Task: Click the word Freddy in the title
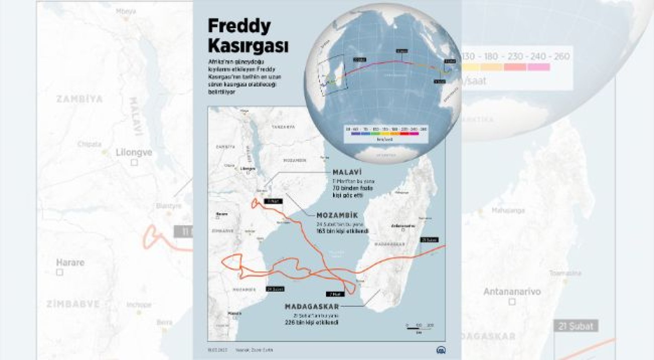click(x=239, y=26)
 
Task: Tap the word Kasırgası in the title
click(x=248, y=46)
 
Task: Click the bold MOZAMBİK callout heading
click(x=337, y=215)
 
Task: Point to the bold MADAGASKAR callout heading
click(x=312, y=306)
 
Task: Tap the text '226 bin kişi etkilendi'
click(x=311, y=322)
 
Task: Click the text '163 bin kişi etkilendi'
click(x=342, y=231)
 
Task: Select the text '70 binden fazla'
click(x=352, y=188)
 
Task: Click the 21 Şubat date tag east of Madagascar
click(x=429, y=240)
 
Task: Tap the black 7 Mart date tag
click(x=335, y=294)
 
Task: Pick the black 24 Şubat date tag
click(x=275, y=289)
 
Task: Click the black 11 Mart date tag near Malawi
click(x=273, y=201)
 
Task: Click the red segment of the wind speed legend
click(x=404, y=133)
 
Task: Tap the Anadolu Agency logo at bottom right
click(x=441, y=350)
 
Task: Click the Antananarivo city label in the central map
click(x=403, y=226)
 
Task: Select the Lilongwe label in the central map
click(x=248, y=169)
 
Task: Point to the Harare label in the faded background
click(x=70, y=262)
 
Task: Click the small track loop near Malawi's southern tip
click(x=255, y=204)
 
